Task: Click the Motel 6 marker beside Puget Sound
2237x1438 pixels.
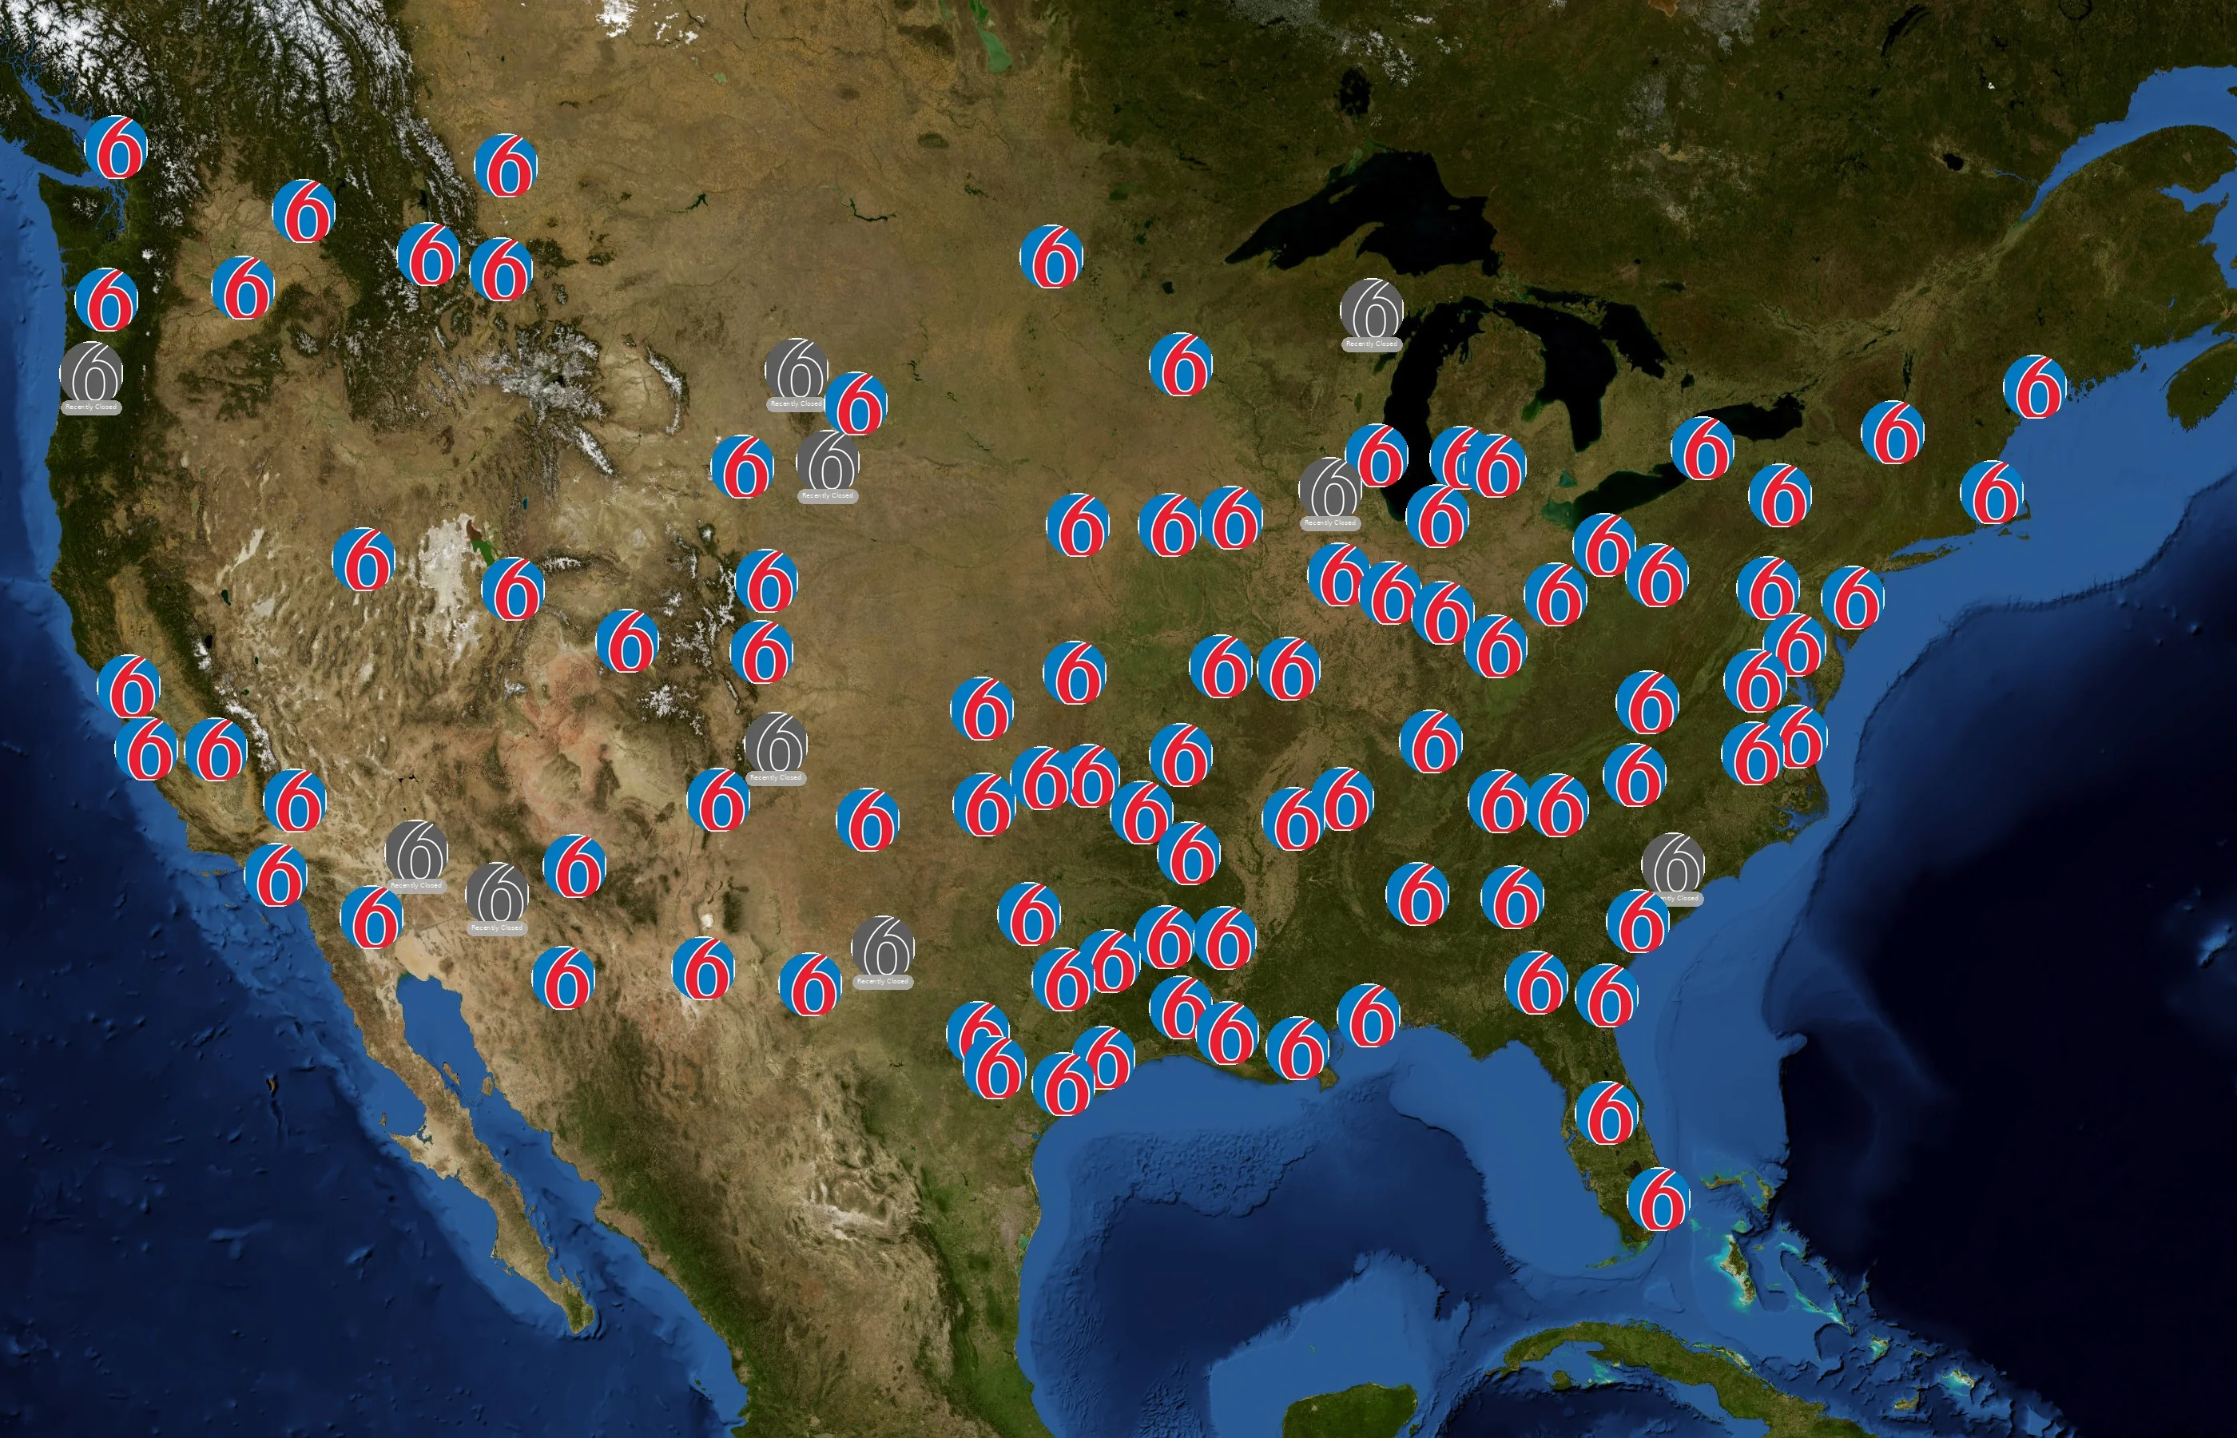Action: click(116, 148)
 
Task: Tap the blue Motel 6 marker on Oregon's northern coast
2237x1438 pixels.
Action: click(106, 299)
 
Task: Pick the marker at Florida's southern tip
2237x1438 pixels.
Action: click(1658, 1199)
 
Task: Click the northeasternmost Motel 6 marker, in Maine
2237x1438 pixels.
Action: click(2036, 387)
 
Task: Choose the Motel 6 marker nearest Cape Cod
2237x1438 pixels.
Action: click(1993, 492)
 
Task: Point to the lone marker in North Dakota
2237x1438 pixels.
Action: click(1052, 256)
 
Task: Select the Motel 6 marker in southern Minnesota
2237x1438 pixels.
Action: click(1181, 364)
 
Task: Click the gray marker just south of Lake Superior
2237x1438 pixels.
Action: click(1372, 310)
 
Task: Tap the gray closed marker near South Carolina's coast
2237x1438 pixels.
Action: click(1673, 864)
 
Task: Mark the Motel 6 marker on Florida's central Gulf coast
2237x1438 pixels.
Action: click(1607, 1112)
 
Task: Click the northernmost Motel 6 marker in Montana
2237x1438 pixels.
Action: click(506, 165)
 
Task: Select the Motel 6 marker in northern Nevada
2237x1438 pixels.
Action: click(364, 559)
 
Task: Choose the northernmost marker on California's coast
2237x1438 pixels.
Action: click(129, 686)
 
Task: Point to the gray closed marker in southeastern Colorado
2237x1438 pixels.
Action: click(776, 743)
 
